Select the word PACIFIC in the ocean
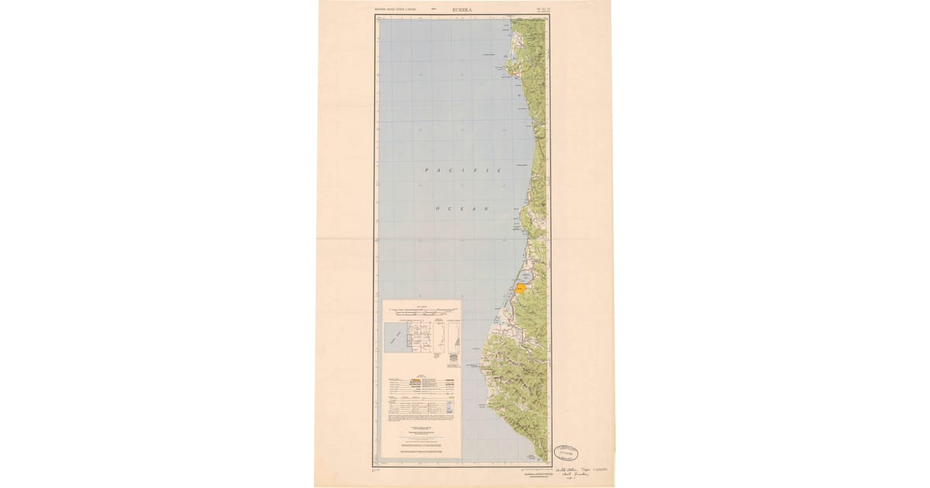coord(462,170)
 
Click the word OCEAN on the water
coord(463,209)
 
